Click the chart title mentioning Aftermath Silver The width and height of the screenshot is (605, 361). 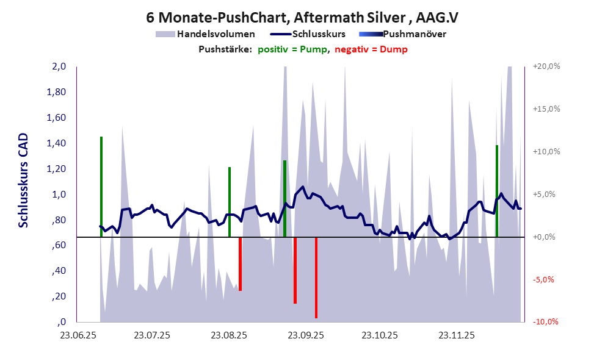click(303, 17)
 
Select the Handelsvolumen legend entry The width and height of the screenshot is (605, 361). click(216, 34)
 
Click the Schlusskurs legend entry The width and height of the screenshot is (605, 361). click(319, 34)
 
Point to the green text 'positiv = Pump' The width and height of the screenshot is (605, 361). click(292, 49)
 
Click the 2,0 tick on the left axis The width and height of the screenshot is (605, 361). click(59, 66)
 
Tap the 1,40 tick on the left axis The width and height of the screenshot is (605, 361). click(57, 143)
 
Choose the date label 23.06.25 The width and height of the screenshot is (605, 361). click(76, 335)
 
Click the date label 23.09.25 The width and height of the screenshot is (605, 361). click(305, 335)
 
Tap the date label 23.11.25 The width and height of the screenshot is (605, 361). click(458, 335)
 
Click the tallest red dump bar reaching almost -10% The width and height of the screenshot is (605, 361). click(316, 277)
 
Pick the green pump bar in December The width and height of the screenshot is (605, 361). click(497, 191)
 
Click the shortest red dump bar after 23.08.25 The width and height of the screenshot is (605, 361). click(240, 263)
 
